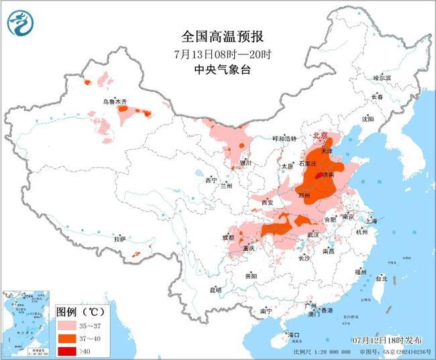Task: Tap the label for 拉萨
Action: point(119,239)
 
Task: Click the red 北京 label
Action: point(320,136)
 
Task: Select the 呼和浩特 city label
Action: point(284,139)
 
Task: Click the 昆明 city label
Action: point(215,290)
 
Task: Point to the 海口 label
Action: point(293,334)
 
